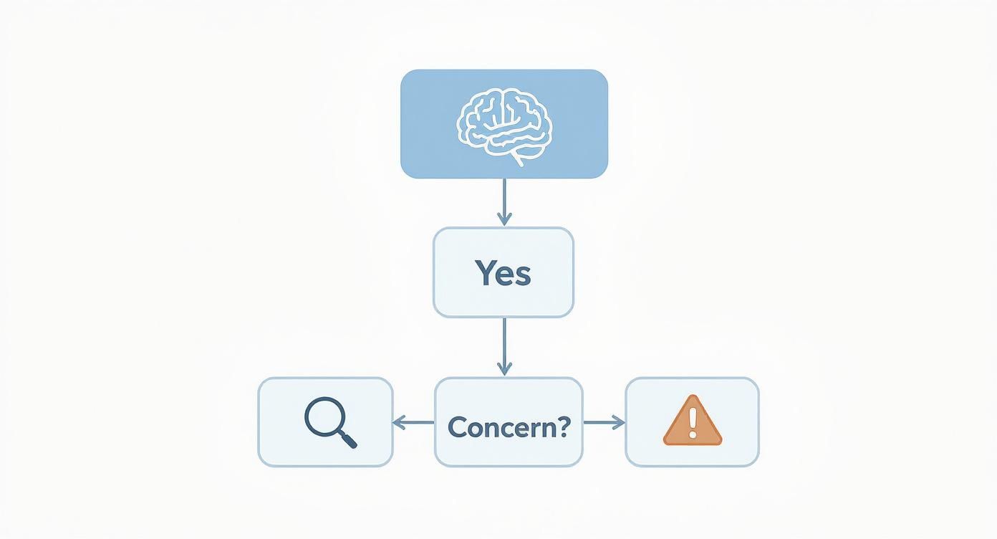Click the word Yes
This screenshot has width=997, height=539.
[503, 273]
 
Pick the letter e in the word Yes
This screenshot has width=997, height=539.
[505, 276]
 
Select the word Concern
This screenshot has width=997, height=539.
[501, 427]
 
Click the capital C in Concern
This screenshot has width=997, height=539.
[457, 427]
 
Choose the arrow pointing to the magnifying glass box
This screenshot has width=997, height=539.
[413, 423]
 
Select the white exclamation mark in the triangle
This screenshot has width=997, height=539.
[692, 422]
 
